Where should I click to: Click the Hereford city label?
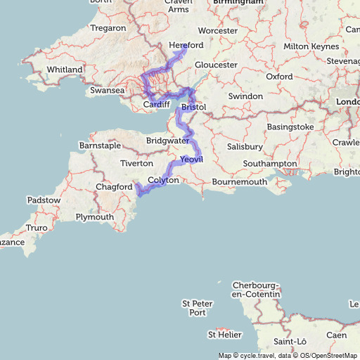pos(187,45)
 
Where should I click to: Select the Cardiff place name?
pos(156,104)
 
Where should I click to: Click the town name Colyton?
pos(163,180)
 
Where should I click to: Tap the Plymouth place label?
pos(94,217)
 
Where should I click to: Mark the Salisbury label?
pos(244,147)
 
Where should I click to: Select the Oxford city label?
pos(279,77)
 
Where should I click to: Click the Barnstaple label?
pos(99,146)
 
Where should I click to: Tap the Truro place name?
pos(36,228)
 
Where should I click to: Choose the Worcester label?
pos(217,31)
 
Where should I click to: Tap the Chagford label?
pos(114,187)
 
